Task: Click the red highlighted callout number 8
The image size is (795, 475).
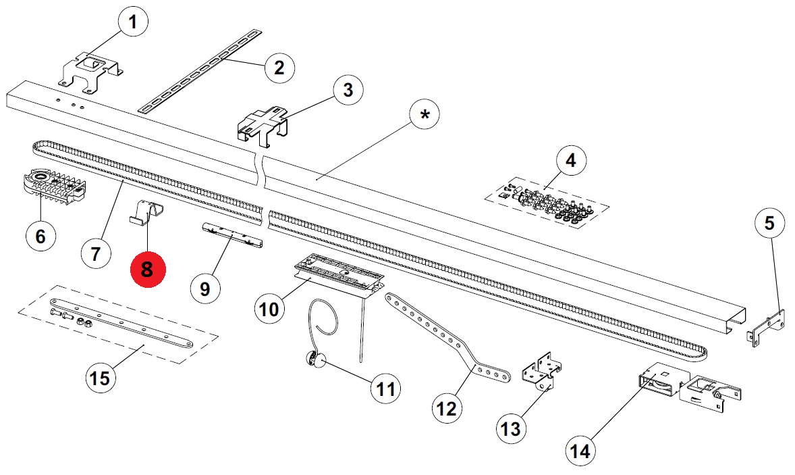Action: coord(148,269)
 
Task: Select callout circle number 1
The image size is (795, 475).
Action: coord(132,22)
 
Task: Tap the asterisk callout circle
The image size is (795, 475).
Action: coord(424,115)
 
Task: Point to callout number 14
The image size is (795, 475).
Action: coord(580,451)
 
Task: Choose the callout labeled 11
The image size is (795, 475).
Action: coord(385,389)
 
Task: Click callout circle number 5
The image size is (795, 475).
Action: coord(769,223)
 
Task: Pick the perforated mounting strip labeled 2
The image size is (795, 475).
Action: coord(200,71)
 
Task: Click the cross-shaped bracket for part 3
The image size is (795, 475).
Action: coord(263,124)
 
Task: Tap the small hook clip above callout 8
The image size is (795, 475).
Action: coord(147,212)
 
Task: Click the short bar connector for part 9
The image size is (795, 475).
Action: coord(233,235)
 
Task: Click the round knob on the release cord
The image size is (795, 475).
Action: coord(315,361)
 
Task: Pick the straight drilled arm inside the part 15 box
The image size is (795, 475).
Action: coord(121,324)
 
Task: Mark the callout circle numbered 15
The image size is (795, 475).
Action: coord(100,378)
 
